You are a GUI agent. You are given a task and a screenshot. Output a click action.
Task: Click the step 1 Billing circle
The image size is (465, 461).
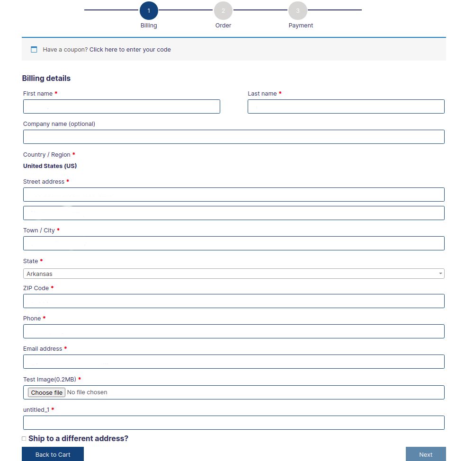tap(149, 10)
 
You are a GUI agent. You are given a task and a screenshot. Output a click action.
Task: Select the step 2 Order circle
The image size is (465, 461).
tap(223, 10)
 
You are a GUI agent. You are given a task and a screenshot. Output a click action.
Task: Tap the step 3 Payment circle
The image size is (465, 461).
tap(298, 10)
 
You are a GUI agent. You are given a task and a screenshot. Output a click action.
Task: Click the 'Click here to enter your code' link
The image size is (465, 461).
tap(130, 50)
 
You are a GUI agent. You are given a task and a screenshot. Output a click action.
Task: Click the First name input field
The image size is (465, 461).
tap(122, 106)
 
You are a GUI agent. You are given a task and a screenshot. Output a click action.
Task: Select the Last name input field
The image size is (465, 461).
tap(346, 106)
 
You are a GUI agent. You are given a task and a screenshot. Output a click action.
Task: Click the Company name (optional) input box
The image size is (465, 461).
tap(234, 137)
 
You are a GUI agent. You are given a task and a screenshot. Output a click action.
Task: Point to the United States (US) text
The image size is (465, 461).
tap(50, 166)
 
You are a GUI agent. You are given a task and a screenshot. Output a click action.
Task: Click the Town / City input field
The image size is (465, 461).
tap(234, 243)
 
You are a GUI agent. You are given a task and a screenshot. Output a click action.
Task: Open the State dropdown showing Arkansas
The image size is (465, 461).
tap(234, 274)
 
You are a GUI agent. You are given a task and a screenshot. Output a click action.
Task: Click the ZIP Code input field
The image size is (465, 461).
tap(234, 301)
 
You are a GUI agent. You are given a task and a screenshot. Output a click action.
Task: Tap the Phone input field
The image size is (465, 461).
tap(234, 331)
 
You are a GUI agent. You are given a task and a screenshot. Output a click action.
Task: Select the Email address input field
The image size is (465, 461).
tap(234, 362)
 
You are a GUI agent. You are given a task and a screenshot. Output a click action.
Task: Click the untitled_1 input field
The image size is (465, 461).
tap(234, 423)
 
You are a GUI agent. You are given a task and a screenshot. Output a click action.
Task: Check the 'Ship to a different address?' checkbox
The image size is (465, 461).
tap(24, 439)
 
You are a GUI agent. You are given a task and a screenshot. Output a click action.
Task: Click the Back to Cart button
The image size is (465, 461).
tap(53, 454)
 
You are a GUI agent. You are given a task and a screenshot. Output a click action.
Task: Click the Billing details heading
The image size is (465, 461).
tap(46, 79)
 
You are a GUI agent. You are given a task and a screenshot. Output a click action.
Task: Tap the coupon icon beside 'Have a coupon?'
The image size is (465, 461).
tap(34, 50)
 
